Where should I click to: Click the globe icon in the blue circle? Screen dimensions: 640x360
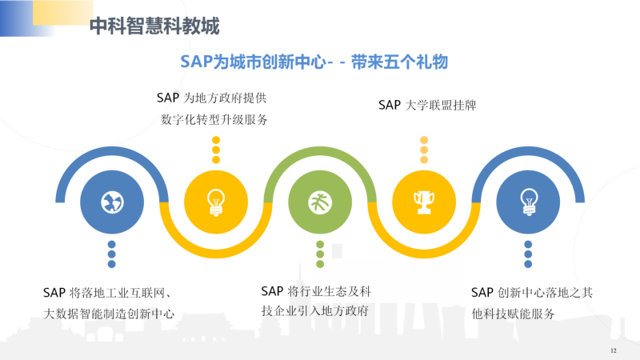(112, 202)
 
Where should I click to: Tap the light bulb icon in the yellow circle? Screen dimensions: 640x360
(216, 202)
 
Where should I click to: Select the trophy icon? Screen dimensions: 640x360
(424, 202)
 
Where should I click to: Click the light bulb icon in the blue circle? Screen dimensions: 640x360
(529, 202)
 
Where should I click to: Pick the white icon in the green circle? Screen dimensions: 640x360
(320, 202)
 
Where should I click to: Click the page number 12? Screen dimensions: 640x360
(614, 350)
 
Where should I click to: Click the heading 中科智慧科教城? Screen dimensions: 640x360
(154, 26)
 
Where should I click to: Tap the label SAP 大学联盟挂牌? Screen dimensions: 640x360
(427, 106)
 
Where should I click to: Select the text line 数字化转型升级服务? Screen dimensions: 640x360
(214, 119)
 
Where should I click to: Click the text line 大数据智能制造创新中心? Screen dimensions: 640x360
(109, 314)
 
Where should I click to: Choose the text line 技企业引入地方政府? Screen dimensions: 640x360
(315, 311)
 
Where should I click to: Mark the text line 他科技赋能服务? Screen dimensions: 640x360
(513, 314)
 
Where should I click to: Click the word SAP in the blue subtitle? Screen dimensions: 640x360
(196, 62)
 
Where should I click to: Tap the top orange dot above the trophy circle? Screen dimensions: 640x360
(424, 140)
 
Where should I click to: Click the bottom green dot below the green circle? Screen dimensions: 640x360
(320, 264)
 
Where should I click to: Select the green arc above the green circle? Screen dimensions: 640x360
(320, 151)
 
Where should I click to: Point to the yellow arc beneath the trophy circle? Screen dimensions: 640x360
(424, 254)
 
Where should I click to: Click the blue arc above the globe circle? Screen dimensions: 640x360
(112, 151)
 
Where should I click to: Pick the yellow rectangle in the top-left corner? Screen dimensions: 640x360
(63, 12)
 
